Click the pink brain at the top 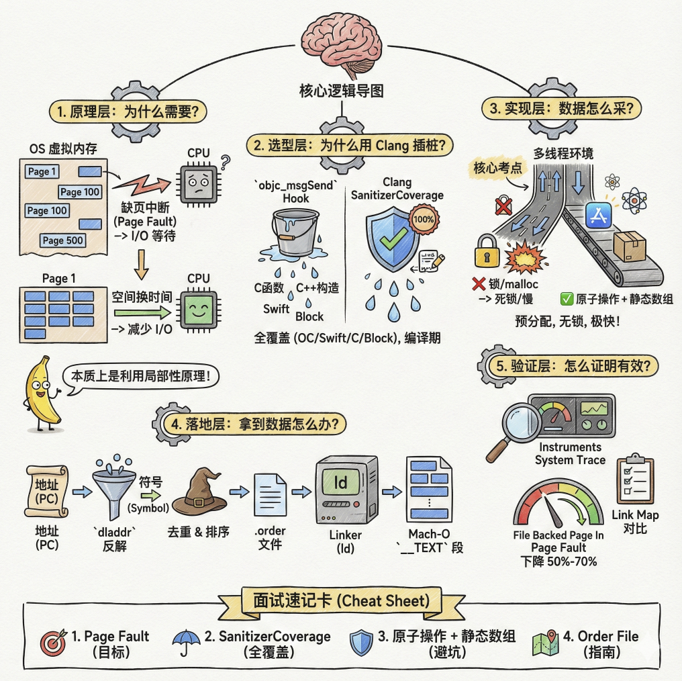pyautogui.click(x=342, y=44)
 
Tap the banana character pyautogui.click(x=42, y=393)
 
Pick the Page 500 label pyautogui.click(x=62, y=240)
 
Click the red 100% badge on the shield pyautogui.click(x=423, y=220)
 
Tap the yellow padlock pyautogui.click(x=487, y=251)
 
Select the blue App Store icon pyautogui.click(x=599, y=215)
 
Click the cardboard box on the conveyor pyautogui.click(x=629, y=245)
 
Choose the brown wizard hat pyautogui.click(x=199, y=491)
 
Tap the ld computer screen pyautogui.click(x=340, y=482)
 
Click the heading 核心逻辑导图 pyautogui.click(x=342, y=91)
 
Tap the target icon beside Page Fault pyautogui.click(x=53, y=642)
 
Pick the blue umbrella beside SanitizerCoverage pyautogui.click(x=186, y=642)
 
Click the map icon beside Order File pyautogui.click(x=546, y=643)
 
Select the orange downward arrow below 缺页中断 pyautogui.click(x=141, y=265)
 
